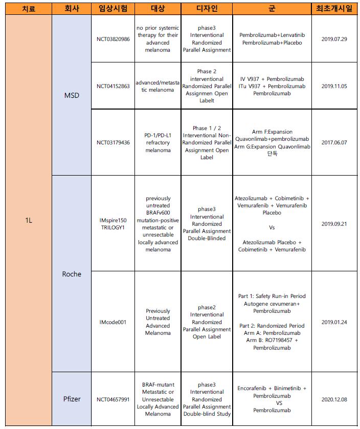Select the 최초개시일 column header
pyautogui.click(x=336, y=8)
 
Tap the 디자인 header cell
pyautogui.click(x=207, y=8)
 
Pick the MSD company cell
pyautogui.click(x=71, y=95)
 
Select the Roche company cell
pyautogui.click(x=71, y=274)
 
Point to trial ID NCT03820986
pyautogui.click(x=113, y=39)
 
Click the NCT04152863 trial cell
pyautogui.click(x=113, y=86)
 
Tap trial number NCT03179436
pyautogui.click(x=113, y=142)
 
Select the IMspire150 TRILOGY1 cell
pyautogui.click(x=113, y=224)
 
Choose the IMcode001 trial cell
pyautogui.click(x=113, y=322)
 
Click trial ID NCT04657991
pyautogui.click(x=113, y=399)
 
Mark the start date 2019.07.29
pyautogui.click(x=336, y=39)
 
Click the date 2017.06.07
pyautogui.click(x=336, y=142)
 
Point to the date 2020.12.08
pyautogui.click(x=336, y=399)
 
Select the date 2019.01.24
pyautogui.click(x=336, y=322)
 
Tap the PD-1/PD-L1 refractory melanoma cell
pyautogui.click(x=157, y=142)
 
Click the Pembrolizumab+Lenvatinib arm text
pyautogui.click(x=272, y=35)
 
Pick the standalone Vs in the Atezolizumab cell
pyautogui.click(x=272, y=227)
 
